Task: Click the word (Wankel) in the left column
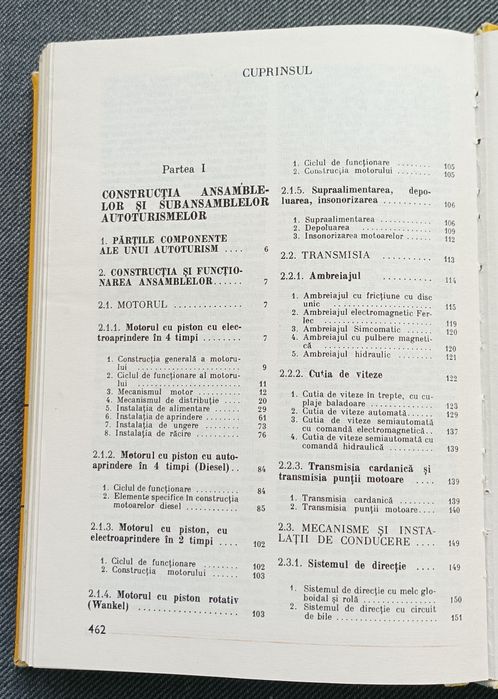point(117,606)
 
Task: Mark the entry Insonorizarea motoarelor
point(351,239)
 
